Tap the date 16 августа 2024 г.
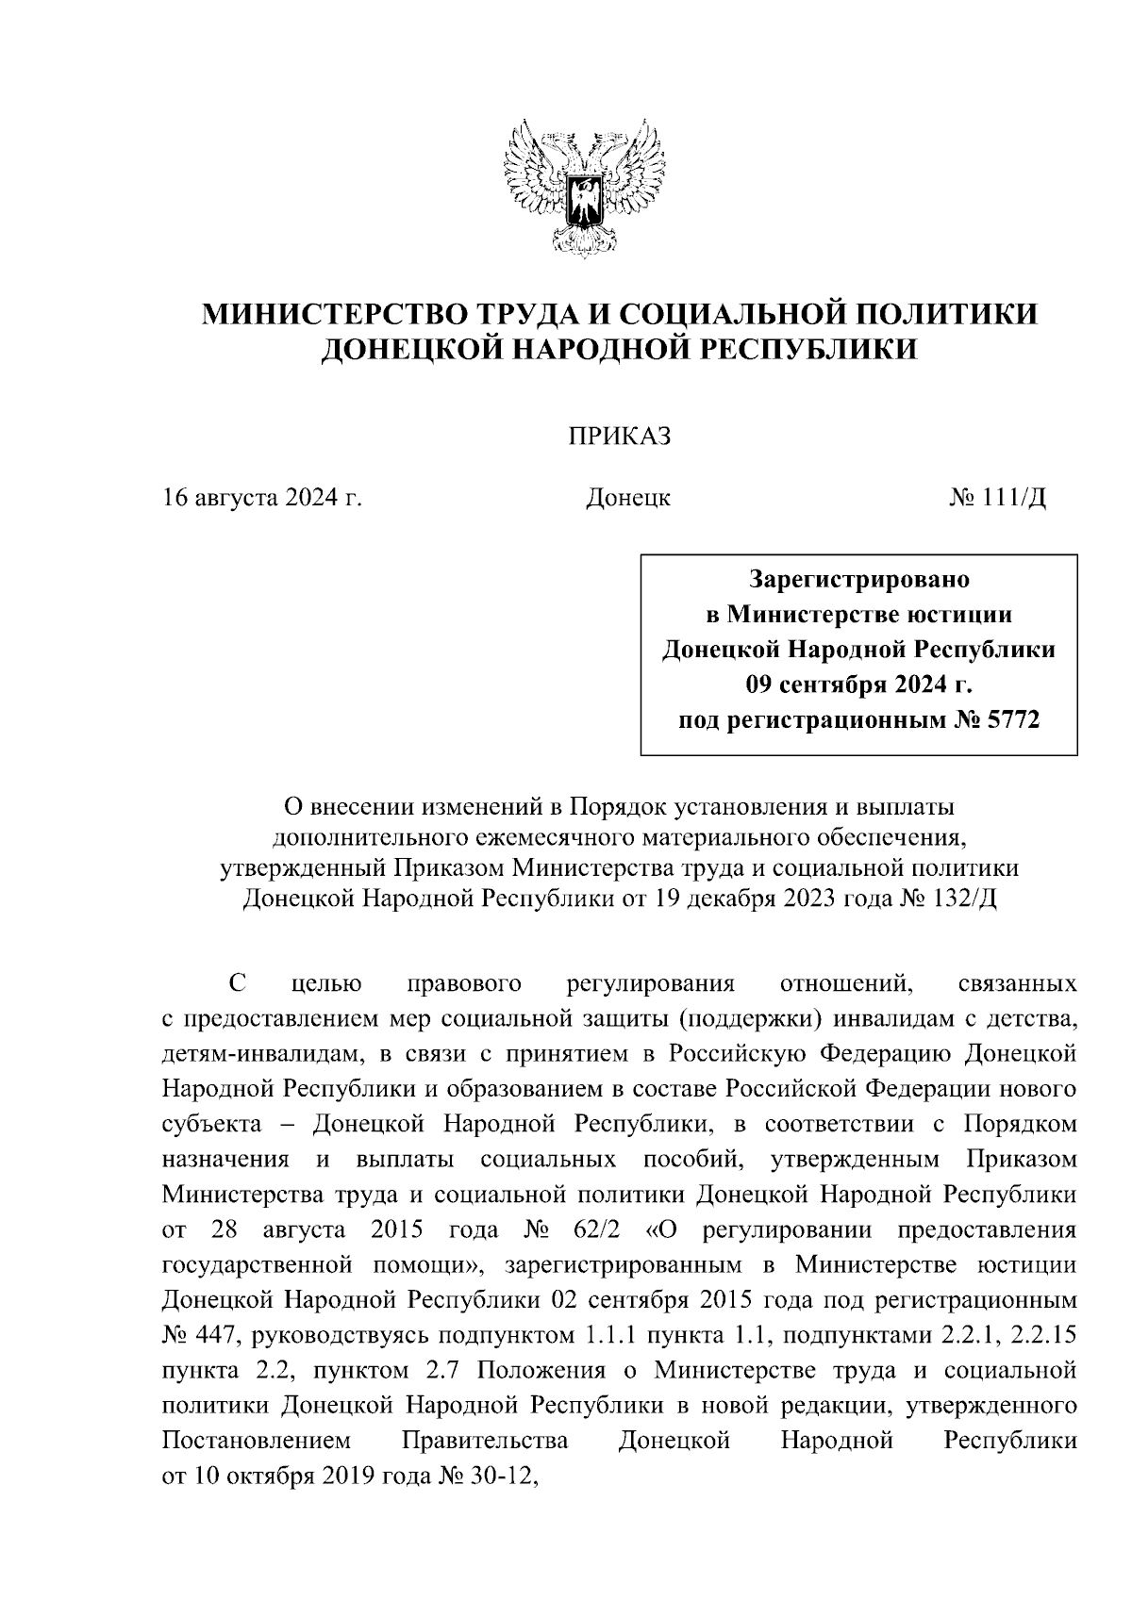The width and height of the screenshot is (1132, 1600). click(x=263, y=497)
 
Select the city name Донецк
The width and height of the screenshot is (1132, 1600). click(x=627, y=497)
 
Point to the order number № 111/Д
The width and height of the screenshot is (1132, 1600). click(x=996, y=497)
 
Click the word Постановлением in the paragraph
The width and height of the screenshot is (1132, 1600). click(x=257, y=1442)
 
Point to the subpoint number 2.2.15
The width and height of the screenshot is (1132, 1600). click(x=1040, y=1336)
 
